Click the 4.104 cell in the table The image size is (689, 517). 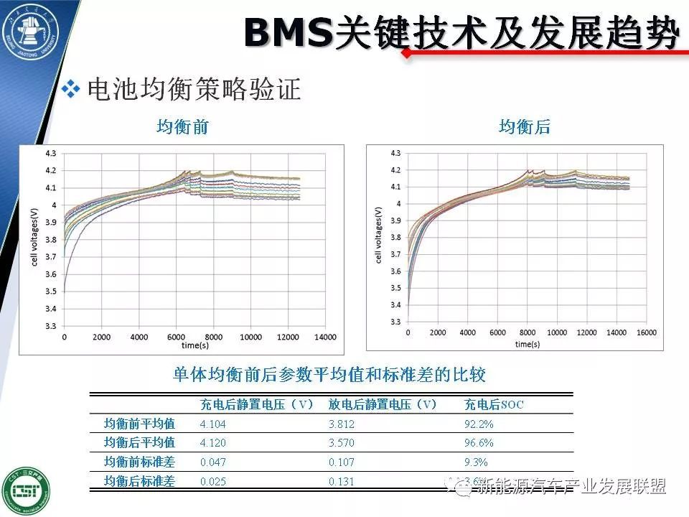point(212,424)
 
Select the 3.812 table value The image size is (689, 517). point(342,424)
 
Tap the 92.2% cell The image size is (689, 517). point(479,424)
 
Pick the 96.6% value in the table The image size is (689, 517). point(479,443)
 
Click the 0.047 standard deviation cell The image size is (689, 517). point(212,462)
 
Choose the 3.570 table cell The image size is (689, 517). point(342,443)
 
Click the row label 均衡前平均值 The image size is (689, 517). point(140,424)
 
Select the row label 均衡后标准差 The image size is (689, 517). point(140,481)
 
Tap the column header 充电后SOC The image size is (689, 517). point(494,404)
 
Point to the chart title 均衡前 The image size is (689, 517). point(183,128)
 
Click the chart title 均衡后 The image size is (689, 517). point(525,128)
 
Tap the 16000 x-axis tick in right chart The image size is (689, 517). point(647,333)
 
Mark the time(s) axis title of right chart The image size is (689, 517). point(527,344)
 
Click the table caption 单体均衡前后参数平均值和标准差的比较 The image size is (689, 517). point(330,375)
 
